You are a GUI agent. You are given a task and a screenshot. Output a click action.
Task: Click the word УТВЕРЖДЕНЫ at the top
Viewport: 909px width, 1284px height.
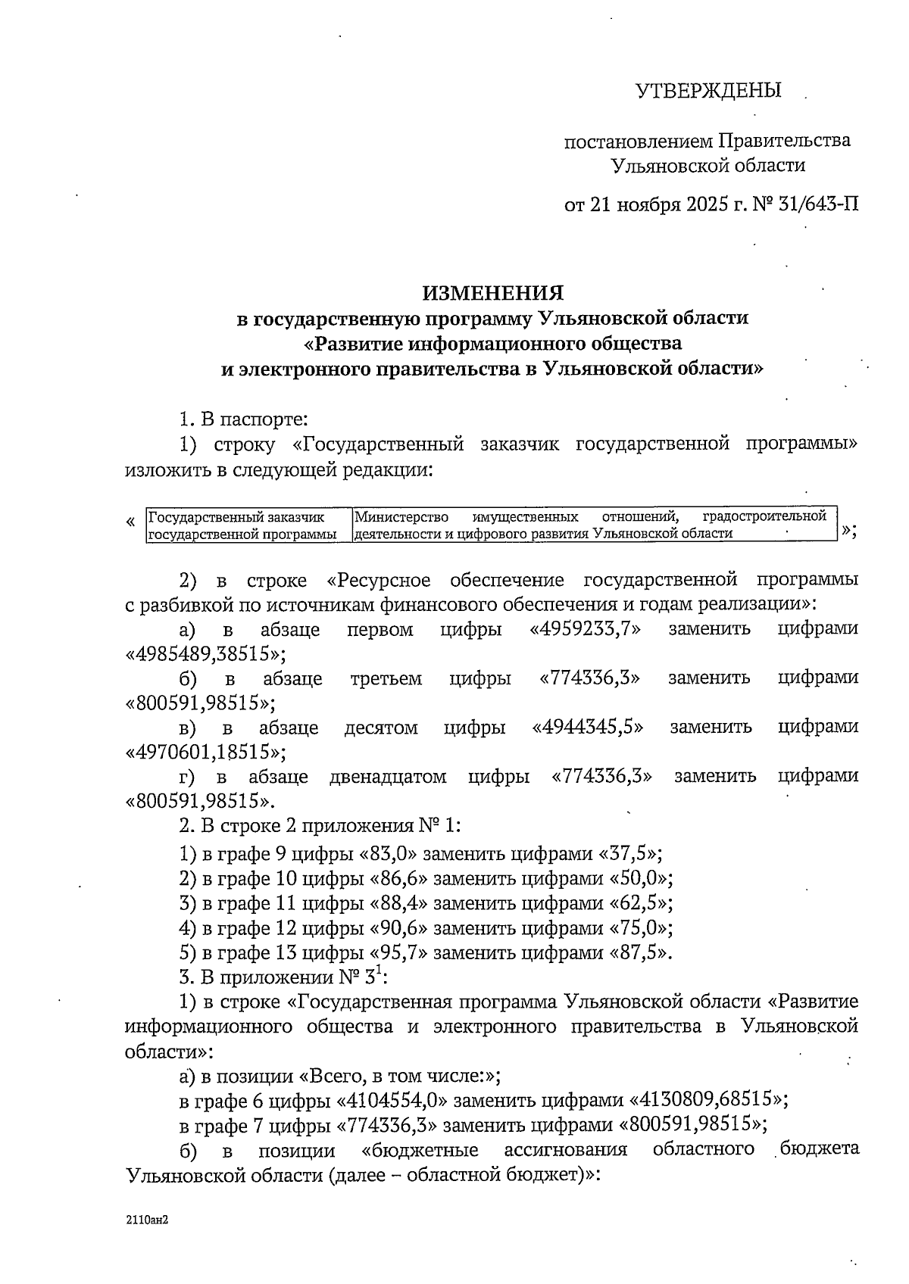click(x=708, y=91)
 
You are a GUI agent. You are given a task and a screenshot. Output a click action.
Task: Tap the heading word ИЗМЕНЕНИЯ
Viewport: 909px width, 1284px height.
click(x=492, y=293)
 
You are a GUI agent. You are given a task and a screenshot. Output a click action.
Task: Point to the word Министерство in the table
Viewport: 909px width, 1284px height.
click(x=401, y=517)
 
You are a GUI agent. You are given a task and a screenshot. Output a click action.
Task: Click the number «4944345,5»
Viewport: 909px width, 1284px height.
click(x=588, y=728)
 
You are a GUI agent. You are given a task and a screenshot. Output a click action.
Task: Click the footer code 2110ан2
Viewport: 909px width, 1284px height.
click(x=146, y=1220)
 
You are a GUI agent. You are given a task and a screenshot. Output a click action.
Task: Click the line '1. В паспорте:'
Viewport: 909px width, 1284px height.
click(x=242, y=419)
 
